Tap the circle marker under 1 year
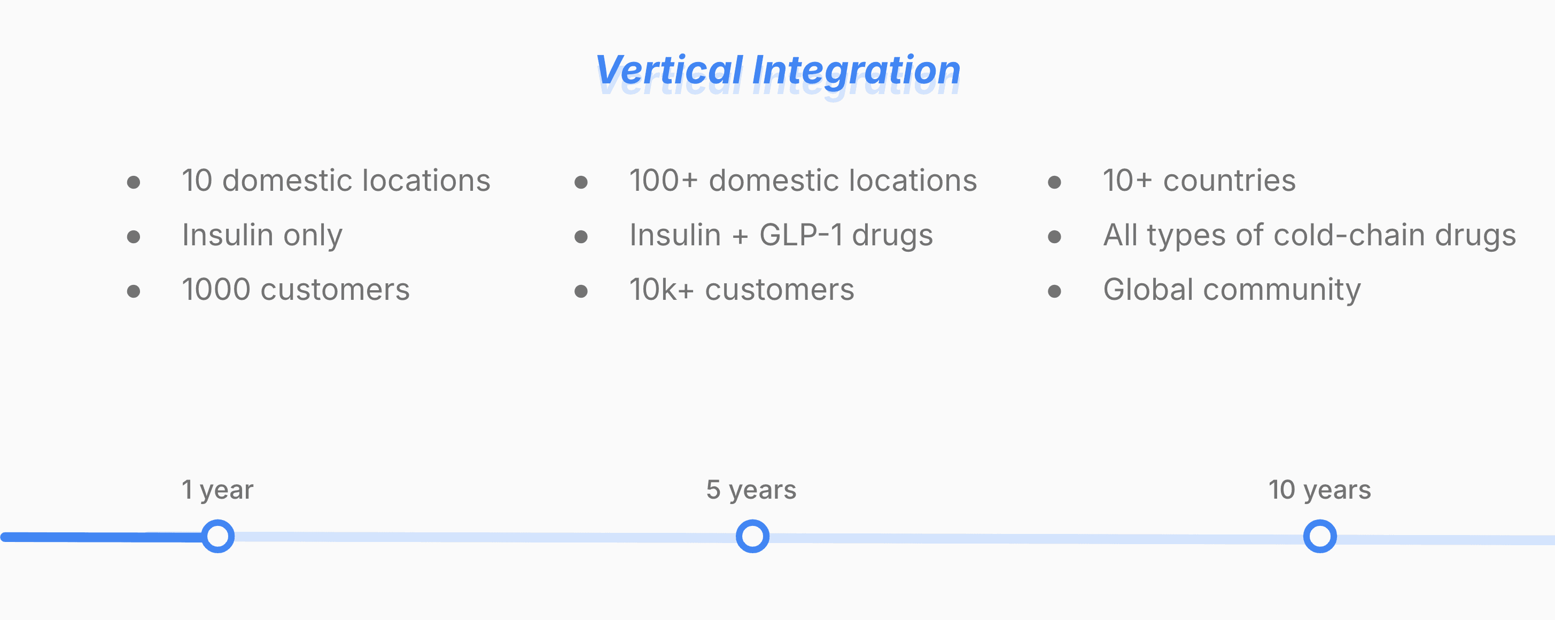(218, 536)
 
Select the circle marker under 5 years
(753, 536)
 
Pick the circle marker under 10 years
(1320, 536)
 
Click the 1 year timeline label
(217, 490)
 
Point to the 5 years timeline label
(751, 490)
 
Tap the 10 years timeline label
(1319, 490)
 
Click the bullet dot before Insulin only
(134, 237)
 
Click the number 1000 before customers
(216, 289)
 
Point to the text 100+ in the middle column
(663, 180)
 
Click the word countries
(1229, 180)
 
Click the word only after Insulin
(313, 236)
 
